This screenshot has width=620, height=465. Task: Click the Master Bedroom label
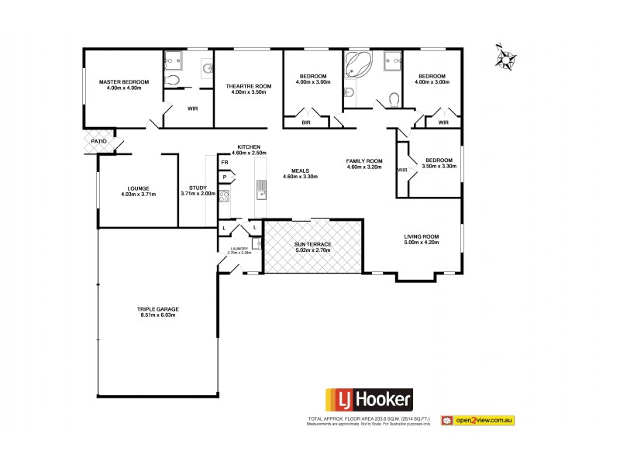tap(123, 81)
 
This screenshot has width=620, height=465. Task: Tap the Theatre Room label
tap(248, 86)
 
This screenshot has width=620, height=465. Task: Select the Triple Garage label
tap(158, 308)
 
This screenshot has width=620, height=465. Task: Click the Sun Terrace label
tap(312, 244)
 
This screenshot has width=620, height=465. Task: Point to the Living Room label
tap(422, 236)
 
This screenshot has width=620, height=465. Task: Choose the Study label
tap(197, 188)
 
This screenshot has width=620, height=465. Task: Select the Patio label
tap(98, 142)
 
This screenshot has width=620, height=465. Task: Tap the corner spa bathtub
tap(358, 66)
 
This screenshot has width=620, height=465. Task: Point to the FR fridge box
tap(225, 163)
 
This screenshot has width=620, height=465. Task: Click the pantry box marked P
tap(225, 177)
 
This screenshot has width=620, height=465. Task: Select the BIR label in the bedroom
tap(306, 121)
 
